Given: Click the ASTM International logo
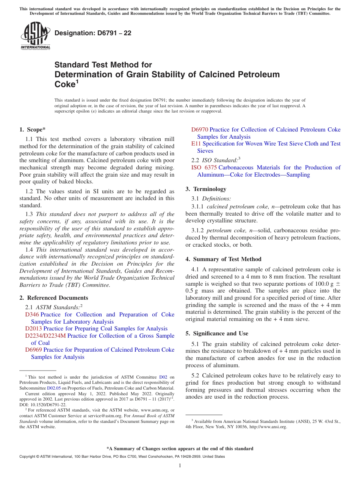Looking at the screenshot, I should (35, 36).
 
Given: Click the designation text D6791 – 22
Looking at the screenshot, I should (93, 33).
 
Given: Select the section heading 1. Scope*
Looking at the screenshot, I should (33, 130).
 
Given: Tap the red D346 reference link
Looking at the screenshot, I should (32, 315).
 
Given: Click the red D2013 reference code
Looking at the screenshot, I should (34, 329).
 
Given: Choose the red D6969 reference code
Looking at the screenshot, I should (34, 350).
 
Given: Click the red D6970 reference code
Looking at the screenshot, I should (200, 130).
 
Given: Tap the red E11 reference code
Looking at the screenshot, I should (196, 144).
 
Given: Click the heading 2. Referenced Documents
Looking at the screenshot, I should (53, 298).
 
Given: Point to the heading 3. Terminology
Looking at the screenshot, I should (206, 189).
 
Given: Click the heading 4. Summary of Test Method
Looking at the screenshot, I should (223, 259).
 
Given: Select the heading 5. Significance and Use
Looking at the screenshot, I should (217, 333).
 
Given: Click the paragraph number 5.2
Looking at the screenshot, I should (196, 376).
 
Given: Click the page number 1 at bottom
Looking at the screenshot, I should (180, 466).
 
